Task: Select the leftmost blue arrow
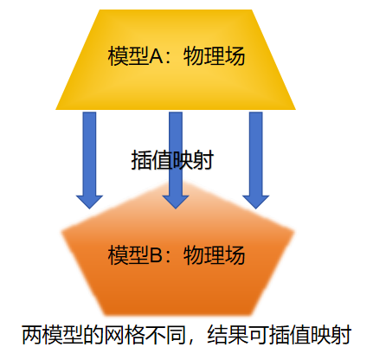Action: coord(89,160)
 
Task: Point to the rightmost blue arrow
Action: coord(255,160)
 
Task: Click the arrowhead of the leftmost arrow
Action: coord(89,202)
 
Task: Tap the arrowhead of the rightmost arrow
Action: coord(255,202)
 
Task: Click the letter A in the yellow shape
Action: coord(157,56)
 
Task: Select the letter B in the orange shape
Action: coord(156,255)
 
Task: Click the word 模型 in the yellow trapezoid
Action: coord(128,56)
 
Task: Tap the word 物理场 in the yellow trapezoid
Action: coord(214,56)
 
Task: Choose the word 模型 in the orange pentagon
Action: coord(128,255)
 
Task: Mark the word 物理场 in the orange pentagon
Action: coord(214,255)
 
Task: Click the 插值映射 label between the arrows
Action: coord(172,160)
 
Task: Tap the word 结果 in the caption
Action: coord(228,335)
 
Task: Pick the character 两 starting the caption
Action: coord(32,335)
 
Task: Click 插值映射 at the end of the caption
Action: coord(310,335)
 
